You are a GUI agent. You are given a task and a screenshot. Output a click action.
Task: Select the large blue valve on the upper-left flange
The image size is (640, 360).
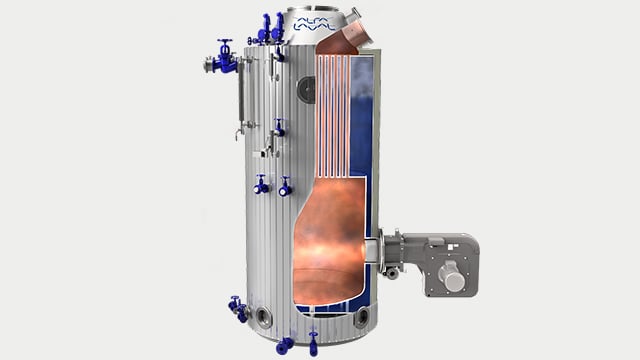tap(224, 59)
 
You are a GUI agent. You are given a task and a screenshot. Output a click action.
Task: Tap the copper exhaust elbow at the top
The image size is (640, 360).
tap(339, 39)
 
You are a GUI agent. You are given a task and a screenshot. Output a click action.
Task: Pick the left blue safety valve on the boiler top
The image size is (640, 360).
tap(265, 27)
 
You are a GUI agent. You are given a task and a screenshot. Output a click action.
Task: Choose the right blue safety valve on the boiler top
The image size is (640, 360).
tap(278, 27)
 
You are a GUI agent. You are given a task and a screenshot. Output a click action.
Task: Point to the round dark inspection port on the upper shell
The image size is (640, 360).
tap(305, 90)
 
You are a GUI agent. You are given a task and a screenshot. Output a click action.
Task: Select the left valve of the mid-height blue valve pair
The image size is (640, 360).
tap(261, 185)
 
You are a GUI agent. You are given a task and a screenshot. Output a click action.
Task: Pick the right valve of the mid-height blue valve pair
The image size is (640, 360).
tap(285, 186)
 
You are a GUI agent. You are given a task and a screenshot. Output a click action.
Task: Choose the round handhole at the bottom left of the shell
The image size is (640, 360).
tap(264, 318)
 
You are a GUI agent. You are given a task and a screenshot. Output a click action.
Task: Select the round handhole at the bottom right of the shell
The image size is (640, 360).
tap(359, 318)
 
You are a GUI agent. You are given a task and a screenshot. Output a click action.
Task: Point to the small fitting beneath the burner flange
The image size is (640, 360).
tap(392, 273)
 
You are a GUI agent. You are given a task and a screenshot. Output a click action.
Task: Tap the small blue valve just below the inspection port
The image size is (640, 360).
tap(279, 127)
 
